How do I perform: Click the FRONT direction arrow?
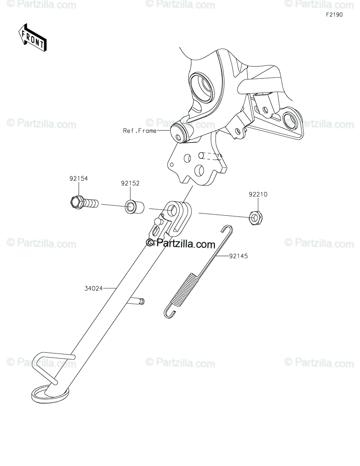click(33, 37)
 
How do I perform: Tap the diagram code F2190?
click(334, 15)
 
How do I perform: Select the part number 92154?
click(79, 179)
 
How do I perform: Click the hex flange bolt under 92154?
click(83, 202)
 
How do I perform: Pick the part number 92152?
click(130, 183)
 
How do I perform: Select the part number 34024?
click(93, 288)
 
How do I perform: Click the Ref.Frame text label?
click(140, 131)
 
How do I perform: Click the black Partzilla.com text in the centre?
click(180, 244)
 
